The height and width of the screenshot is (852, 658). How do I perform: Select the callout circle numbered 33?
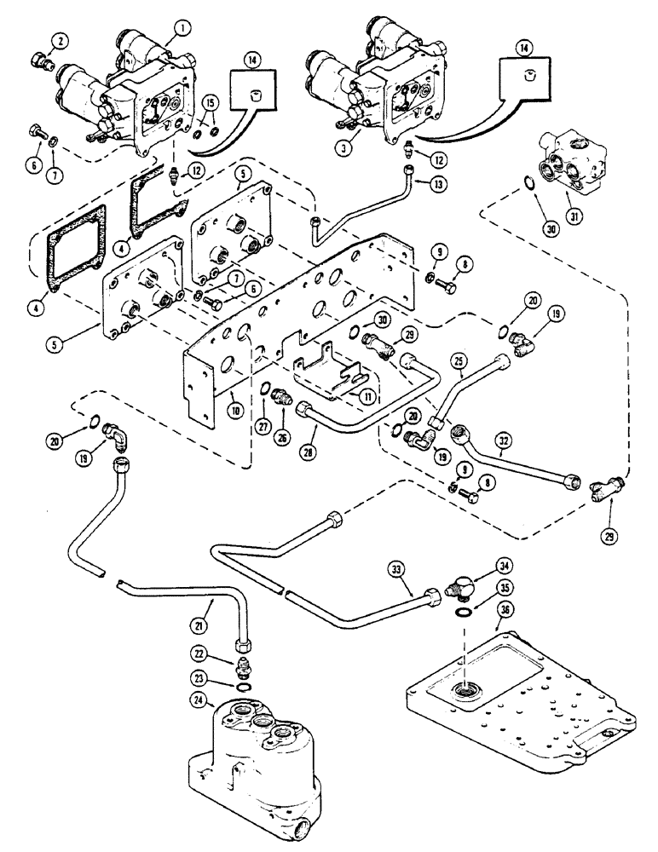pyautogui.click(x=413, y=587)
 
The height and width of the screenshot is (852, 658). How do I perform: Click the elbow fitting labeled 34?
pyautogui.click(x=464, y=590)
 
